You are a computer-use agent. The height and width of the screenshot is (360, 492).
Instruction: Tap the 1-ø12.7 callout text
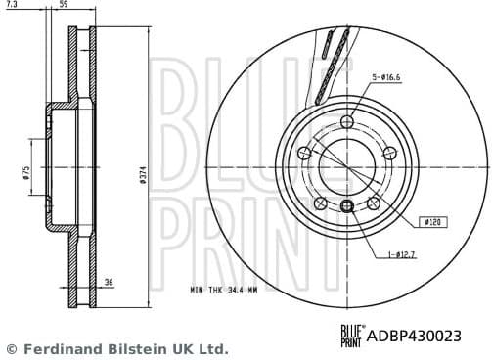[x=402, y=255]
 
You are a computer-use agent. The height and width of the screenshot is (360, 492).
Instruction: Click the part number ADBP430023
[x=414, y=336]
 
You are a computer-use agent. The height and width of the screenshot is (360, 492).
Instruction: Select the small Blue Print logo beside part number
[x=351, y=336]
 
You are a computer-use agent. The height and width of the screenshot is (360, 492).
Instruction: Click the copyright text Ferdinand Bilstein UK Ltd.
[x=117, y=348]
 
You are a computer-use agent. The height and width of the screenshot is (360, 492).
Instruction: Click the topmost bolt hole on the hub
[x=347, y=121]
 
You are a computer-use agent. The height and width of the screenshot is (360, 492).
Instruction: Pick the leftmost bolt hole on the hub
[x=304, y=153]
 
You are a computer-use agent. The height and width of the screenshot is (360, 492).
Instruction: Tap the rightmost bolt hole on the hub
[x=390, y=153]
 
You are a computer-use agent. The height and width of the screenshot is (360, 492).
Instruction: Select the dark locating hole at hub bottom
[x=347, y=204]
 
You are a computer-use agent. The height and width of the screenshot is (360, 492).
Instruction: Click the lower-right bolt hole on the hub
[x=374, y=203]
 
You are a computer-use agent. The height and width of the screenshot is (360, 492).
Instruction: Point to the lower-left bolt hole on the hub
[x=321, y=203]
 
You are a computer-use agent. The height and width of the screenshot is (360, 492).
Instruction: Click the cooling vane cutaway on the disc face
[x=333, y=64]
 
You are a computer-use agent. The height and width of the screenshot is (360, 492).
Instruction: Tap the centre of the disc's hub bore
[x=347, y=166]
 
